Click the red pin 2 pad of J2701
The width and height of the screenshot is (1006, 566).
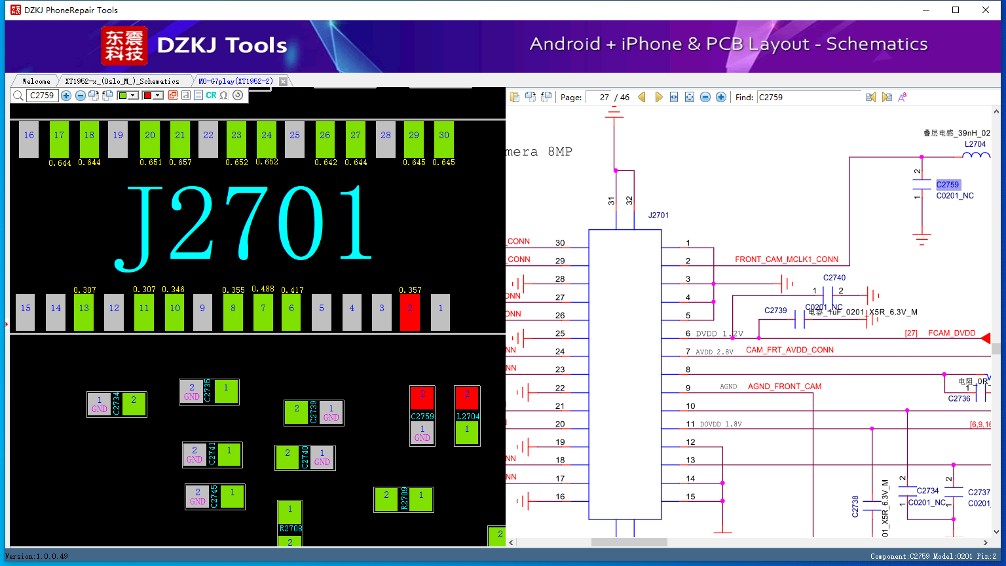coord(410,312)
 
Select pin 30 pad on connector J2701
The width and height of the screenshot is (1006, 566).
coord(444,139)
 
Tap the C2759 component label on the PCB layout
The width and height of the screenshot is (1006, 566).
coord(422,417)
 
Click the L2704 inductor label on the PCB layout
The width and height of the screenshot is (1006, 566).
coord(468,417)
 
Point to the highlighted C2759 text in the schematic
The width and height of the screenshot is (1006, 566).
coord(948,185)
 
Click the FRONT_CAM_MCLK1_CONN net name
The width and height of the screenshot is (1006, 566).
coord(787,259)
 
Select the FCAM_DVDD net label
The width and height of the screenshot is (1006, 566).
coord(952,333)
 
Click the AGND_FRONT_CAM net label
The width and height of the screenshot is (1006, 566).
coord(785,387)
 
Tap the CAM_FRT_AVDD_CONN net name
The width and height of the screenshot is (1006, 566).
coord(789,350)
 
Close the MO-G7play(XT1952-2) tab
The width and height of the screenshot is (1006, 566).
coord(284,81)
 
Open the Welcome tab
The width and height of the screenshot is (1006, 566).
coord(36,81)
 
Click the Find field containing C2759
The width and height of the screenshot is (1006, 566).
coord(809,97)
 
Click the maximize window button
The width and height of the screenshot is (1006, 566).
coord(956,10)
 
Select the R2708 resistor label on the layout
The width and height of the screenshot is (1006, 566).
coord(290,528)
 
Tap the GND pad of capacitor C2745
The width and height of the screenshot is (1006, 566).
coord(198,497)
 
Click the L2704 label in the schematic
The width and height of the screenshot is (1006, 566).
coord(975,144)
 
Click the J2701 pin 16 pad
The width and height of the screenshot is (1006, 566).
coord(29,139)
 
